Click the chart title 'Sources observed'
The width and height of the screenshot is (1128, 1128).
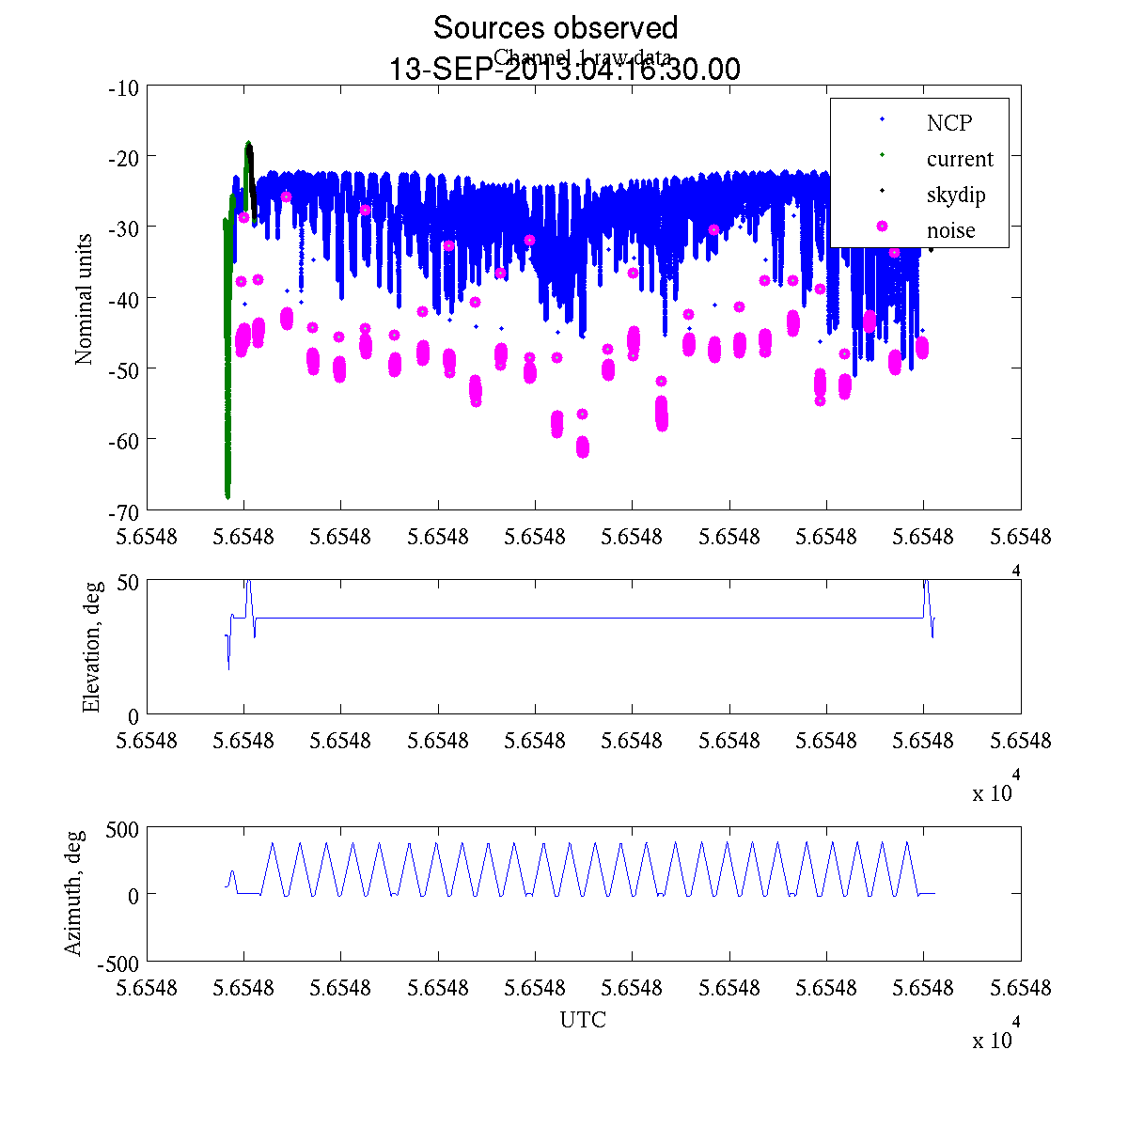[x=555, y=28]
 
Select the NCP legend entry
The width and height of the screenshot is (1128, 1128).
[x=948, y=122]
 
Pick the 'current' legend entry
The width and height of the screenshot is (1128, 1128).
[x=959, y=159]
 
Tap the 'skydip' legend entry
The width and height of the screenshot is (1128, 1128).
[x=955, y=195]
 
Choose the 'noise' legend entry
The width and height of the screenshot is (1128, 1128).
[x=950, y=230]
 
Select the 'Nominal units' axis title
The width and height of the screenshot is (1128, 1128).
[x=84, y=299]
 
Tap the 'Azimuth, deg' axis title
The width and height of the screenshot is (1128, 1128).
[x=74, y=893]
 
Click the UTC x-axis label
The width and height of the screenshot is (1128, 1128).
[x=583, y=1020]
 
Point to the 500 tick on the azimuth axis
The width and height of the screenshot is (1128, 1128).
[x=121, y=828]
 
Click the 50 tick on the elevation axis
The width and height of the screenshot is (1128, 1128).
[x=128, y=581]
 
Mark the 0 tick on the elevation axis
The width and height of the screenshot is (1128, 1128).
[x=133, y=715]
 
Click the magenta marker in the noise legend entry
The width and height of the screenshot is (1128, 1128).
[x=882, y=227]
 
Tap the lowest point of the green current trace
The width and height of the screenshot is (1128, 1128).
[x=227, y=495]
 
